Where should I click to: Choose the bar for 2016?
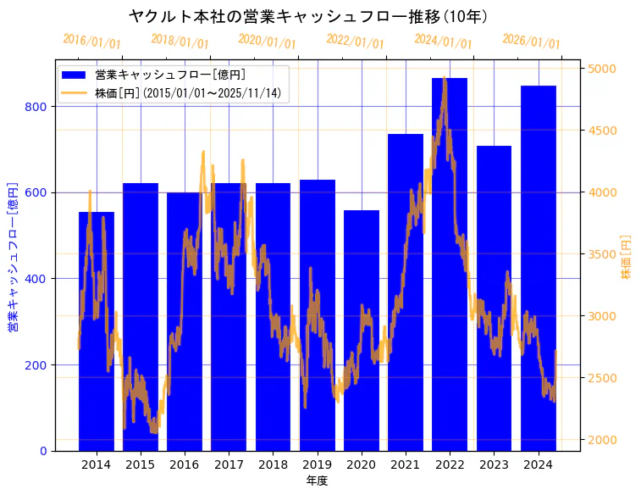point(185,322)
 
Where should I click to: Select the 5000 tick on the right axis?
point(601,69)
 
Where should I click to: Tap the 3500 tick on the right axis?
point(601,254)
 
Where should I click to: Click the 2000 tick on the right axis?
point(601,440)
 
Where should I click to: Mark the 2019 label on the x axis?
point(317,464)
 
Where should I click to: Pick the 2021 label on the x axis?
point(406,464)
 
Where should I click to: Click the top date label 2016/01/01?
point(91,42)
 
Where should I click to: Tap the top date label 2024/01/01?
point(443,42)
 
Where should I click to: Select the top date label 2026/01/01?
point(531,42)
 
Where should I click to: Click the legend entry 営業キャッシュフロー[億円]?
point(170,75)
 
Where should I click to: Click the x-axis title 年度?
point(317,481)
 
